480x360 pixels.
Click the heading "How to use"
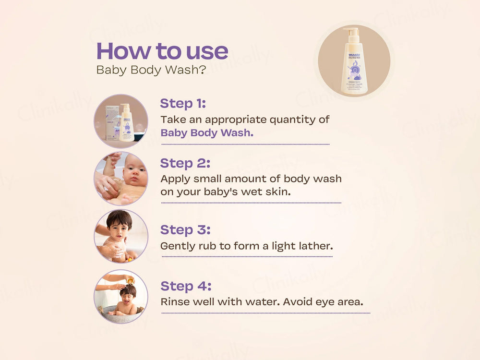point(162,51)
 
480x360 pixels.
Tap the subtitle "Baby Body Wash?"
point(151,70)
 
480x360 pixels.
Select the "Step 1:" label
point(183,103)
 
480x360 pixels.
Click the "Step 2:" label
point(185,163)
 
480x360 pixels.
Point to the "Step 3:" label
point(185,229)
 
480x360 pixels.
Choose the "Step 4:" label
point(186,286)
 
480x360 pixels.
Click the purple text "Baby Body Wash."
point(206,133)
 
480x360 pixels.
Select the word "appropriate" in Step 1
point(234,119)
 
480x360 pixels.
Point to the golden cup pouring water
point(130,280)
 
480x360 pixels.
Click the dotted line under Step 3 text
point(247,256)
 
